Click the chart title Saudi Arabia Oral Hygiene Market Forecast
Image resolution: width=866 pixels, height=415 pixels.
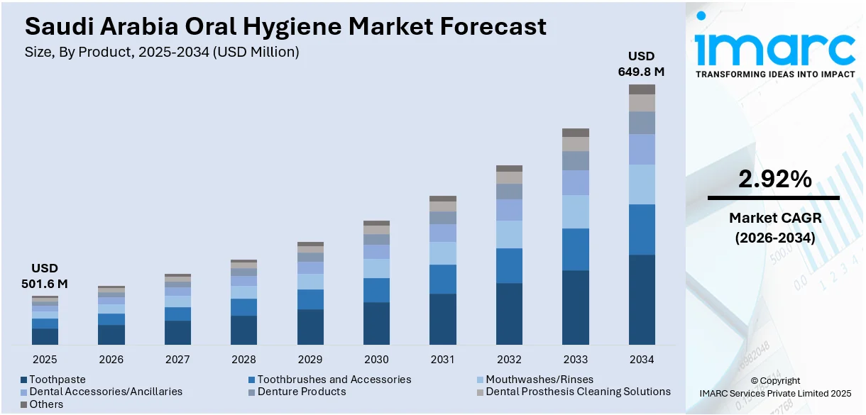(x=285, y=27)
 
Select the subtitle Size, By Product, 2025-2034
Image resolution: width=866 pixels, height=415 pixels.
(x=162, y=52)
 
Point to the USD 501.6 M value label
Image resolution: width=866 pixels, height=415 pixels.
(x=45, y=276)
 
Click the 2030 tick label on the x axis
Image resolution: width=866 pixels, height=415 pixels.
(x=376, y=360)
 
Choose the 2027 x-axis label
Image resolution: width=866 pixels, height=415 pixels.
(x=177, y=360)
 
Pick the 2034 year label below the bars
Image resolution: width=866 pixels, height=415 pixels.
(x=642, y=360)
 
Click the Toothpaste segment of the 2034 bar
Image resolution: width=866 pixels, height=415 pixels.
(x=642, y=299)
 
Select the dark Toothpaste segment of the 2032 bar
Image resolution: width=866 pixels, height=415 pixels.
(x=509, y=314)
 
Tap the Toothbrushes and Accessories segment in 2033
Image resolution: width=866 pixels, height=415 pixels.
(x=576, y=249)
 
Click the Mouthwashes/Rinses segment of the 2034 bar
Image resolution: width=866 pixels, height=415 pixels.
(x=642, y=184)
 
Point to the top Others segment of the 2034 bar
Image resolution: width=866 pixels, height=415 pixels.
(x=642, y=89)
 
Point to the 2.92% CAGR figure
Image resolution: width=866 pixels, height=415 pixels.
(x=774, y=180)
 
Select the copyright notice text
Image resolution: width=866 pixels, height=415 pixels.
(x=774, y=387)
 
